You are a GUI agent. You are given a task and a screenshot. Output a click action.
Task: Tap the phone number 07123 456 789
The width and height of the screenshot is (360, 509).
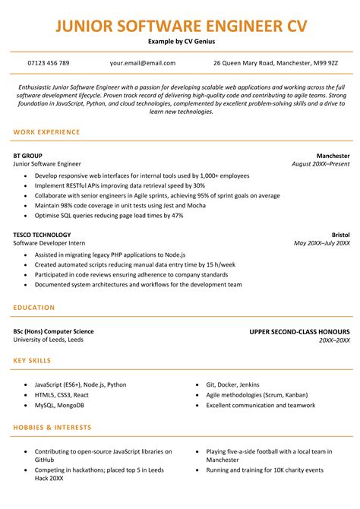(x=48, y=63)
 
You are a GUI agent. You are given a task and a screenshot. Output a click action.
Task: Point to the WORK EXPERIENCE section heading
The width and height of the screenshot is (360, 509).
(x=46, y=132)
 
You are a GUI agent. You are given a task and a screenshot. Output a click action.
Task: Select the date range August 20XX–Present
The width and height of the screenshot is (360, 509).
(x=321, y=163)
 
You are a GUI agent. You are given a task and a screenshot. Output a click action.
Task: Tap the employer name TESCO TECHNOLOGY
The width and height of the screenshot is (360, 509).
(x=42, y=235)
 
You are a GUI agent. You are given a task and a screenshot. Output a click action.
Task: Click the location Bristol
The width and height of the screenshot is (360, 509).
(x=340, y=235)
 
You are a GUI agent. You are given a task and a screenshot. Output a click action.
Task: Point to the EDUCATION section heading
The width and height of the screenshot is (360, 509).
(x=34, y=308)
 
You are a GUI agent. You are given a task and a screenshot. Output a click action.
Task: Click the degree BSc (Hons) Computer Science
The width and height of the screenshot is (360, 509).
(x=53, y=332)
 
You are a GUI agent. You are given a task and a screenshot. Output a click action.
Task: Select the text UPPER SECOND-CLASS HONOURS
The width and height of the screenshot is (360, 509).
(x=299, y=332)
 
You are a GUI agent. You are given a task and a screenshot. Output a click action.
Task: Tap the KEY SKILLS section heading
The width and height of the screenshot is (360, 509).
(x=35, y=359)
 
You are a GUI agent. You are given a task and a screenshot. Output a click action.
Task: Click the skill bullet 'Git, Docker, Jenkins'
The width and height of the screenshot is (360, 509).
(x=233, y=384)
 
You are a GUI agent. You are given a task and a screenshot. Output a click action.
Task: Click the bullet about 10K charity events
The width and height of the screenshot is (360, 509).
(x=264, y=470)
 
